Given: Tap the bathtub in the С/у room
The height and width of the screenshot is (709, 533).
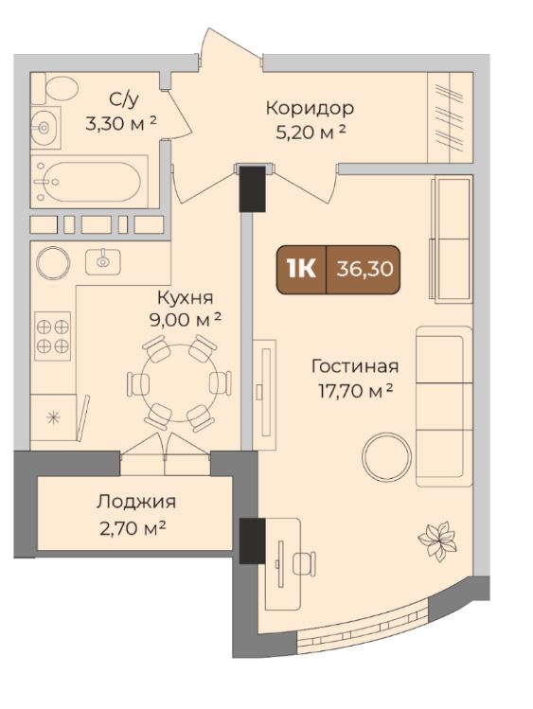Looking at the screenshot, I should [91, 178].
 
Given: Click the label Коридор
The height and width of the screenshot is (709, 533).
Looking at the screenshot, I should [309, 108].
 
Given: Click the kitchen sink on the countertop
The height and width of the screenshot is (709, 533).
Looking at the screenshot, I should [102, 260].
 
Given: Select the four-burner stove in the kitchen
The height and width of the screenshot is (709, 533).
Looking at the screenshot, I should [53, 336].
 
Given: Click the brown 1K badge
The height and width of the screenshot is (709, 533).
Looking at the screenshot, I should [301, 268].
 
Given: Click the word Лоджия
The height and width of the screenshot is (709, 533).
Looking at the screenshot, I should [134, 502].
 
